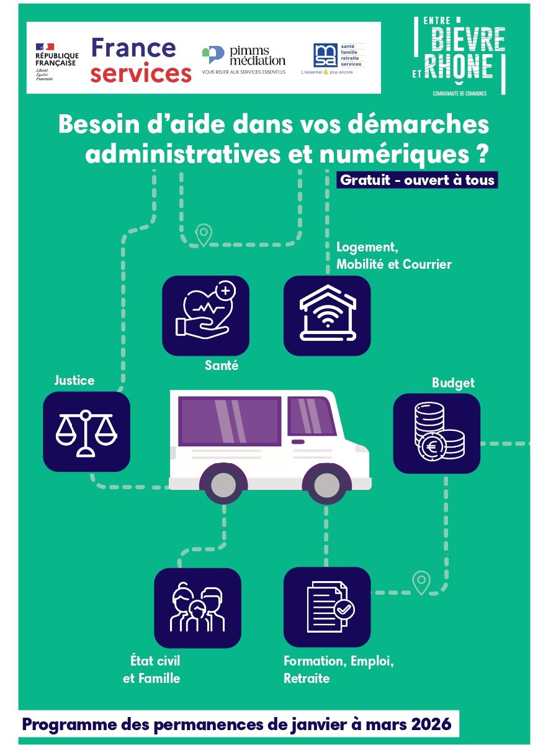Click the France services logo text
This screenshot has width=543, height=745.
click(x=141, y=60)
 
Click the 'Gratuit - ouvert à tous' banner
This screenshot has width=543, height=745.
click(x=417, y=180)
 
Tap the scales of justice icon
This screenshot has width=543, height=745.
click(x=86, y=431)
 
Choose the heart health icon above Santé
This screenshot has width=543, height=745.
click(x=205, y=315)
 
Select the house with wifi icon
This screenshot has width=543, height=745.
click(x=327, y=315)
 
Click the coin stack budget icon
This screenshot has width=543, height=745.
click(x=437, y=433)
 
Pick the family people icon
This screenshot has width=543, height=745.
click(x=197, y=608)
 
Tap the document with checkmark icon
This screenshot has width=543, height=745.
click(x=327, y=608)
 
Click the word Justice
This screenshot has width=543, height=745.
click(x=74, y=380)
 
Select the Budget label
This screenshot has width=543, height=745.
click(x=453, y=383)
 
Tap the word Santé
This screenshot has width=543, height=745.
click(x=222, y=366)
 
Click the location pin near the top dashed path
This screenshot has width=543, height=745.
click(x=204, y=235)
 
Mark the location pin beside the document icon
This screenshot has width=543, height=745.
click(x=421, y=582)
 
